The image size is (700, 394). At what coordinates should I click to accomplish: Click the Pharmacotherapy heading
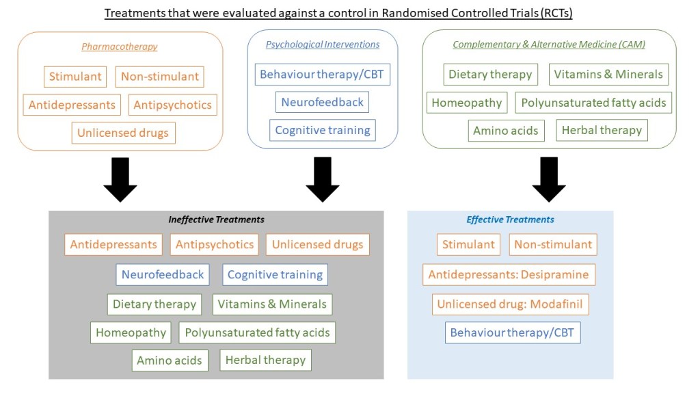point(120,47)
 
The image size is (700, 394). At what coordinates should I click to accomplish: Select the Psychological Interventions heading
point(323,44)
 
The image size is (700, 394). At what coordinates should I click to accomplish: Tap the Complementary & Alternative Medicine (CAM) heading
point(549,44)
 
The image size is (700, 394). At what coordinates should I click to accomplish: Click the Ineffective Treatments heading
point(216,220)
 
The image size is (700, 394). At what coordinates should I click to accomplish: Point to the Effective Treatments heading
point(510,220)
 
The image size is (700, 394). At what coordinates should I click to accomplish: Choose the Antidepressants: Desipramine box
point(509,275)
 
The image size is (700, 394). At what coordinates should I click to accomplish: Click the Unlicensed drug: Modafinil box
point(510,304)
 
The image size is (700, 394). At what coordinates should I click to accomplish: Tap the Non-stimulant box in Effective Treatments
point(553,244)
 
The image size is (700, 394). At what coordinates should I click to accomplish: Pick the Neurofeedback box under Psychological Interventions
point(323,102)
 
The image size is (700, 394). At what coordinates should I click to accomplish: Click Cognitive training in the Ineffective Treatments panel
point(275,274)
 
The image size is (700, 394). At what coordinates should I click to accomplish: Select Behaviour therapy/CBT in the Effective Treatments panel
point(513,333)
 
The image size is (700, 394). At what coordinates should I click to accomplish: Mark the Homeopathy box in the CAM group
point(468,103)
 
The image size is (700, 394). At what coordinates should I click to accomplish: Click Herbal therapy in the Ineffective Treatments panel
point(265,360)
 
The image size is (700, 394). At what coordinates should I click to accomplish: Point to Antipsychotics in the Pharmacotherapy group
point(173,105)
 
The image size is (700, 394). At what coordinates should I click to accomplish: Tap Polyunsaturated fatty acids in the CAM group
point(593,103)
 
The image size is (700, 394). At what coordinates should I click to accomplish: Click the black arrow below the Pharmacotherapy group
point(120,179)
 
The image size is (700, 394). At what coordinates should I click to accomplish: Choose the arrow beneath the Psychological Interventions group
point(323,179)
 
